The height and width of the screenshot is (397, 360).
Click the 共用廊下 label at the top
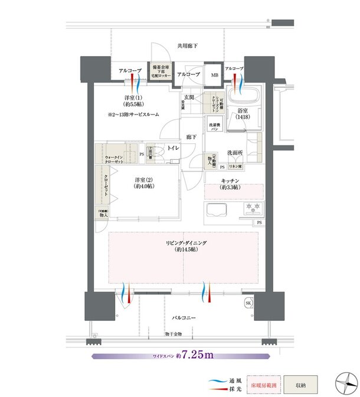coord(187,45)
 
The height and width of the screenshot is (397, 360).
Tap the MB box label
coord(214,75)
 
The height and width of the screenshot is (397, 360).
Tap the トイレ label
coord(173,148)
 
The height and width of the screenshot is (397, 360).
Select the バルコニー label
coord(184,317)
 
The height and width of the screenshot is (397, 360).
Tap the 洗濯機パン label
coord(214,126)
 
